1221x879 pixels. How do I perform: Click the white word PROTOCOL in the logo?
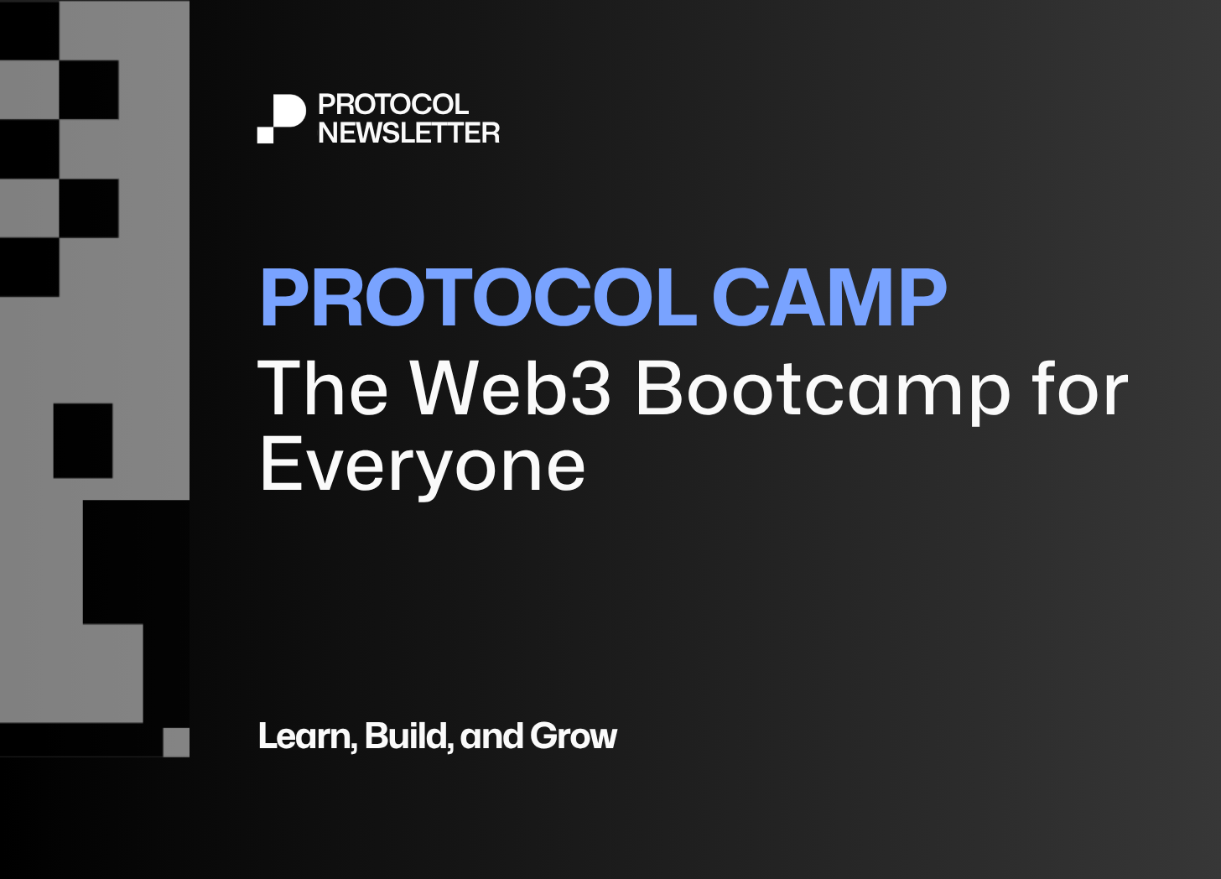[x=393, y=104]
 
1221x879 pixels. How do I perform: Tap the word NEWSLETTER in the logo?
[x=409, y=133]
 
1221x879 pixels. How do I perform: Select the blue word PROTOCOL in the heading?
[x=479, y=298]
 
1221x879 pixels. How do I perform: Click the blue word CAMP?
[x=829, y=298]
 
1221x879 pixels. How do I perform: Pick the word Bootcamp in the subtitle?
[x=824, y=392]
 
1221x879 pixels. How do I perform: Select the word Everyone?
[x=423, y=468]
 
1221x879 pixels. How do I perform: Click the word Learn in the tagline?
[x=304, y=736]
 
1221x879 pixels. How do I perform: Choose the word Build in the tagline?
[x=406, y=736]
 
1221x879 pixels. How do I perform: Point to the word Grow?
[x=574, y=736]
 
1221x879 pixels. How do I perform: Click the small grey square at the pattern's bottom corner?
[x=176, y=742]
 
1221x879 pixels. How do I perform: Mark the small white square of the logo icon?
[x=265, y=135]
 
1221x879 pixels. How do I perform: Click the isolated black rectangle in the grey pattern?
[x=83, y=440]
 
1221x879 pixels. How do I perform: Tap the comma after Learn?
[x=354, y=746]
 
